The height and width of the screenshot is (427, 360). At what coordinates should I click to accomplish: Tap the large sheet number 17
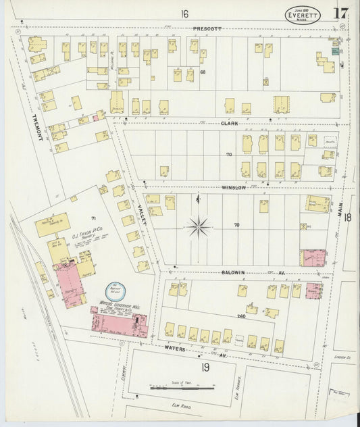click(x=340, y=13)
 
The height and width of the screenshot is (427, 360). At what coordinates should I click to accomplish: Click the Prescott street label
click(x=207, y=29)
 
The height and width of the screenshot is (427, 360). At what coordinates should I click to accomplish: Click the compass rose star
click(x=198, y=226)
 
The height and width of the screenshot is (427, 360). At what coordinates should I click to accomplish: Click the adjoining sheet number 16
click(x=184, y=13)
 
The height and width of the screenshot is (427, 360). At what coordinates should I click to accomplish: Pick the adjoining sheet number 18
click(x=348, y=218)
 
